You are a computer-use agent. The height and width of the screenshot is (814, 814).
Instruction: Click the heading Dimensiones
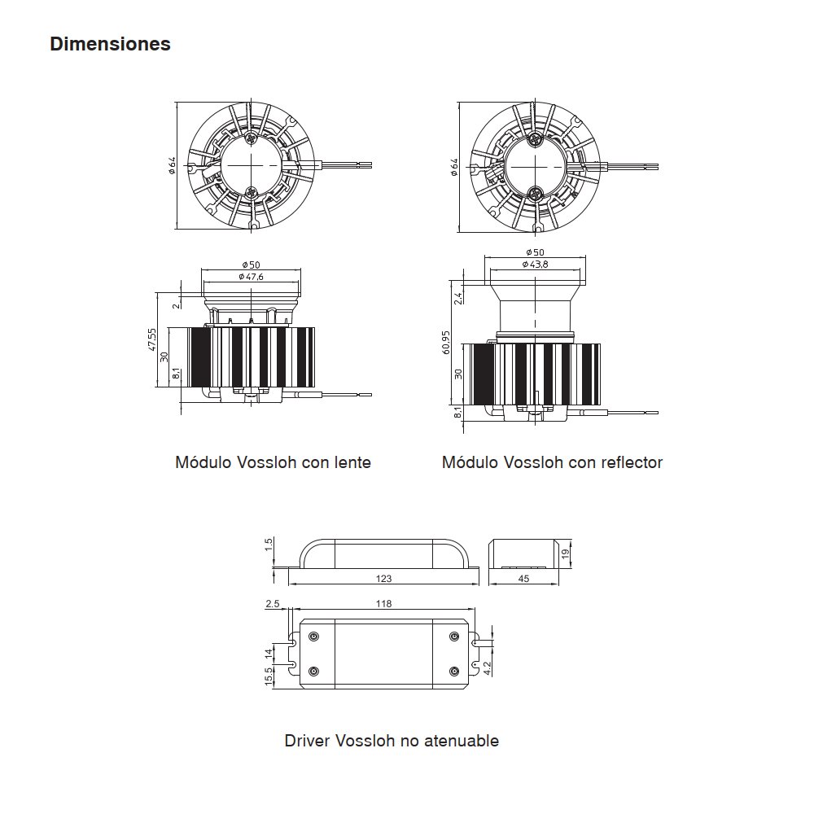pyautogui.click(x=110, y=44)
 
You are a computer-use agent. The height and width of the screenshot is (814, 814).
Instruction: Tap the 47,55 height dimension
pyautogui.click(x=151, y=339)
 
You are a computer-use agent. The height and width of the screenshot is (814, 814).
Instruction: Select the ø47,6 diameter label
pyautogui.click(x=251, y=277)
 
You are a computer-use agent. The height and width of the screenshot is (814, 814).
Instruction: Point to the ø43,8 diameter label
pyautogui.click(x=535, y=265)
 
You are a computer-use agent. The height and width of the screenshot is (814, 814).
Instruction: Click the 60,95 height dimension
pyautogui.click(x=446, y=343)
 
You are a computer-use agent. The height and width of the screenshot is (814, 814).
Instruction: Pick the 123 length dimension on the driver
pyautogui.click(x=383, y=578)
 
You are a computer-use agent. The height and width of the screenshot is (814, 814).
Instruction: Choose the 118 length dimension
pyautogui.click(x=383, y=604)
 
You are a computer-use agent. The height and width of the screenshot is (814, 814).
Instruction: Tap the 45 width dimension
pyautogui.click(x=523, y=578)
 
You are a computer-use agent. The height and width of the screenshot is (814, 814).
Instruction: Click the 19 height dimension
pyautogui.click(x=566, y=554)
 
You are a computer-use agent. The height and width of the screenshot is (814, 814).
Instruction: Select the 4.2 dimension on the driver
pyautogui.click(x=487, y=668)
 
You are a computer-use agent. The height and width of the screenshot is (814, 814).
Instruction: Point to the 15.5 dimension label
pyautogui.click(x=269, y=676)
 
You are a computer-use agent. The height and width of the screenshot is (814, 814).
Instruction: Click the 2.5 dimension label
pyautogui.click(x=273, y=604)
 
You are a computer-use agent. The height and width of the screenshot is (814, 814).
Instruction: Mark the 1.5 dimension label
pyautogui.click(x=269, y=545)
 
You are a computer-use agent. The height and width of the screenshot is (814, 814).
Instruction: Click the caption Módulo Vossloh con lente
pyautogui.click(x=273, y=462)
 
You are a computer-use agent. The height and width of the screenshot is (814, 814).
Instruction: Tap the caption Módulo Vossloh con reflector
pyautogui.click(x=553, y=462)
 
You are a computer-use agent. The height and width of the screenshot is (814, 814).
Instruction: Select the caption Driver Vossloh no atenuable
pyautogui.click(x=392, y=740)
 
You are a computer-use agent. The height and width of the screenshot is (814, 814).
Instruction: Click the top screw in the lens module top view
pyautogui.click(x=252, y=138)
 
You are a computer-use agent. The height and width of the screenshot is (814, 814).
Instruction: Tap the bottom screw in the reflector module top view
pyautogui.click(x=534, y=195)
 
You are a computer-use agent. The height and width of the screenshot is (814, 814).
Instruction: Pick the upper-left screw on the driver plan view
pyautogui.click(x=313, y=637)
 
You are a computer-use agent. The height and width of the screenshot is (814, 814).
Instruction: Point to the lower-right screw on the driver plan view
pyautogui.click(x=454, y=672)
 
